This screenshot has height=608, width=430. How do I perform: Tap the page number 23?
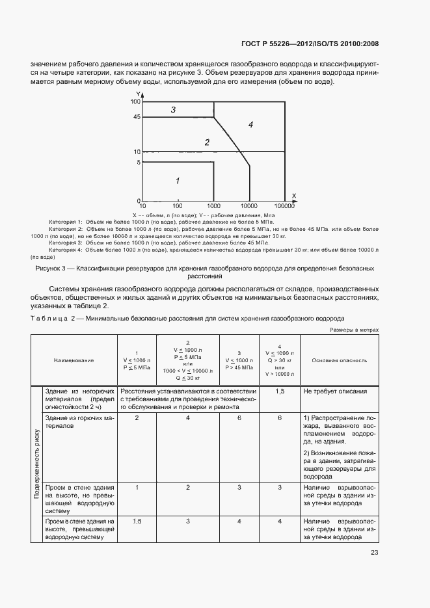(374, 553)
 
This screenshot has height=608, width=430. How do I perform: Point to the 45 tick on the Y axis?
(136, 118)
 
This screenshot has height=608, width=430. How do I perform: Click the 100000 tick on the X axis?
(284, 205)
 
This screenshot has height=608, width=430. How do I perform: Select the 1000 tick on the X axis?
(214, 205)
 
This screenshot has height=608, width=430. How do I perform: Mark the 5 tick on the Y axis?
(138, 162)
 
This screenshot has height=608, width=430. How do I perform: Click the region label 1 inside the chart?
(177, 181)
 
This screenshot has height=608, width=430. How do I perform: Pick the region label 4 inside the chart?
(250, 124)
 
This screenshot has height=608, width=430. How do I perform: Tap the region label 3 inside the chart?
(173, 110)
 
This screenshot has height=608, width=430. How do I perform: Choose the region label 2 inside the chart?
(207, 142)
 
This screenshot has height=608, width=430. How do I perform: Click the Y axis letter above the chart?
(138, 95)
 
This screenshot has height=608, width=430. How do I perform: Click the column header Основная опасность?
(339, 360)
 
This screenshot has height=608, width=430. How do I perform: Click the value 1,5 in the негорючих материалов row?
(279, 391)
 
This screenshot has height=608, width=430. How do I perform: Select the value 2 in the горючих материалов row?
(137, 417)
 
